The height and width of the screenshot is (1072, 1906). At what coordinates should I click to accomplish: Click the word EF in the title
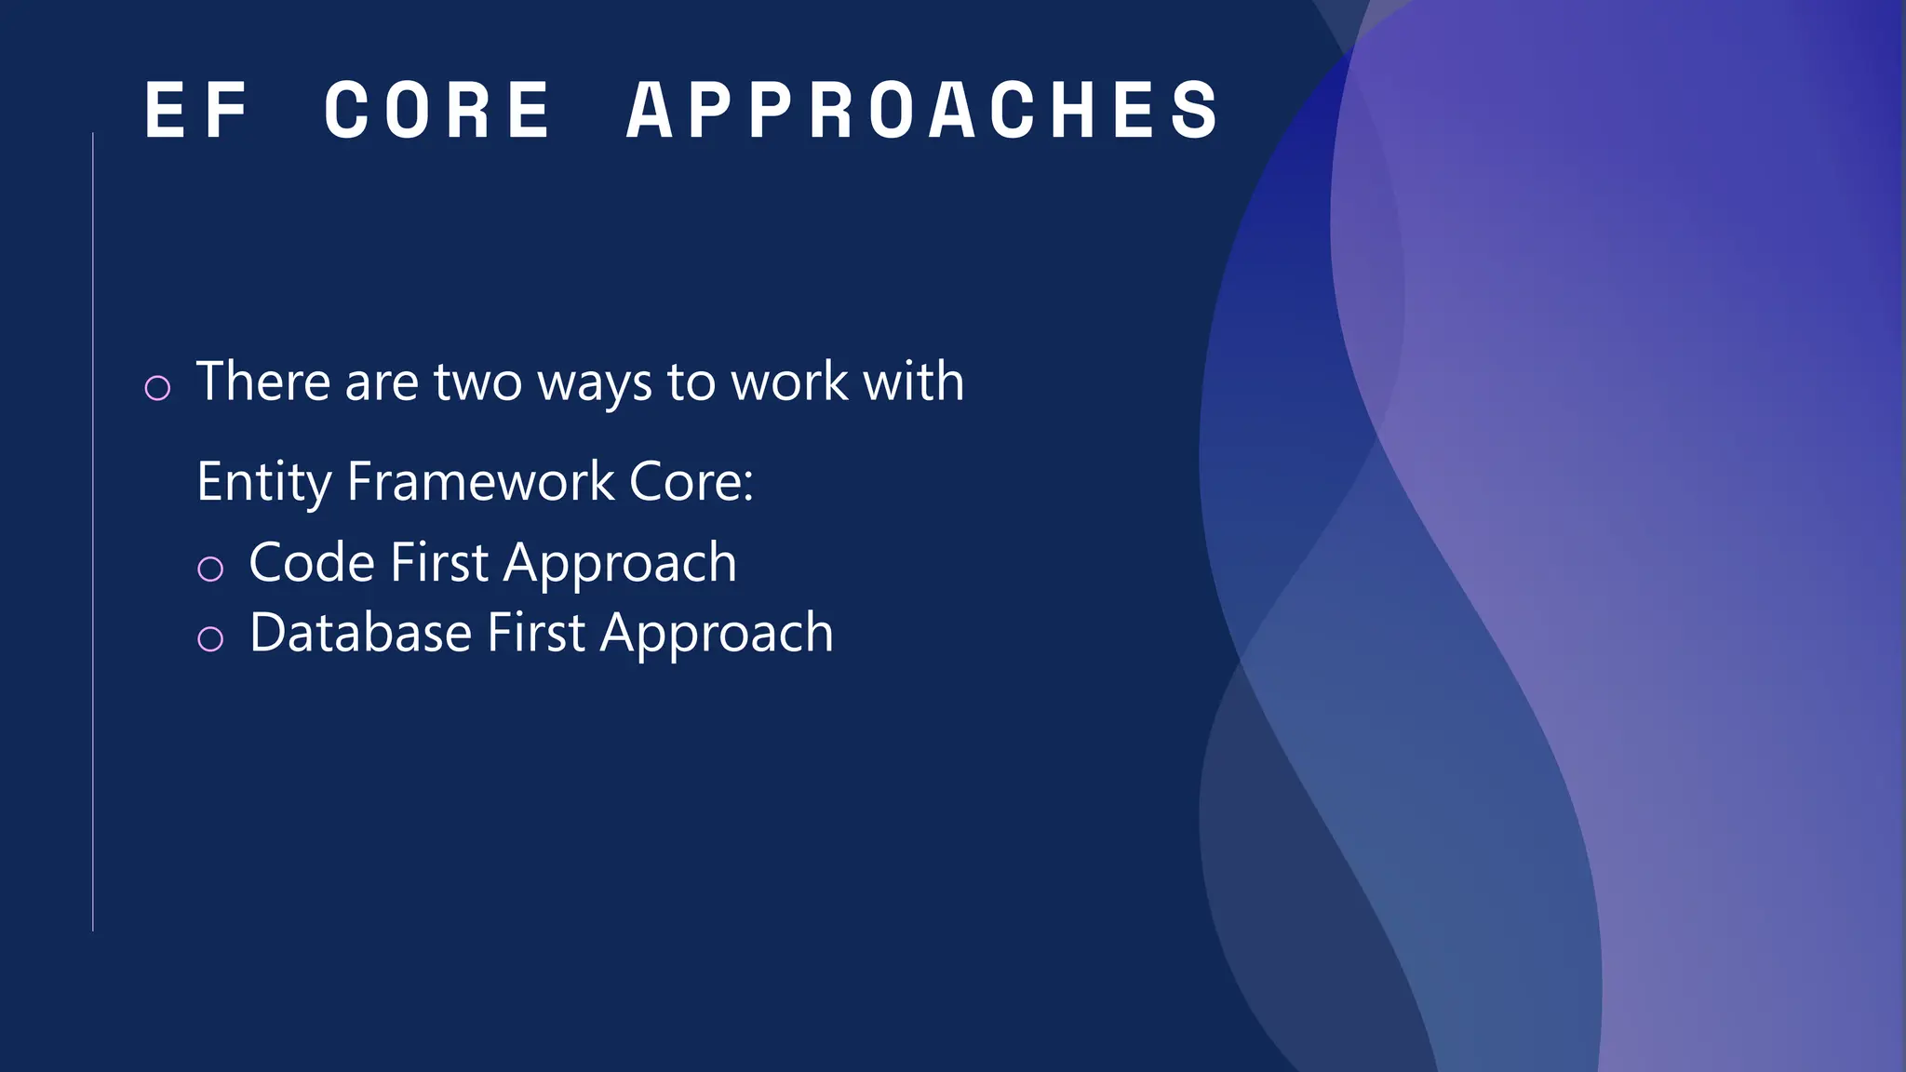tap(197, 110)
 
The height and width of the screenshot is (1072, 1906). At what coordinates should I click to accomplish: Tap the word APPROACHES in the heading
tap(922, 110)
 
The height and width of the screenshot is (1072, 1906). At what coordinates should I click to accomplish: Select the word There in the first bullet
tap(263, 382)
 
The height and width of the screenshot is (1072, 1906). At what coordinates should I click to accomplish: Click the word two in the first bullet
tap(477, 383)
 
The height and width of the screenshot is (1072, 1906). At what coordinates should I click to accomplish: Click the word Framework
tap(480, 482)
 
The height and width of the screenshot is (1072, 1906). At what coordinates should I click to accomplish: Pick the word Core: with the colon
tap(691, 482)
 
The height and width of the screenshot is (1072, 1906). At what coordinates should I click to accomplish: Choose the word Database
tap(360, 633)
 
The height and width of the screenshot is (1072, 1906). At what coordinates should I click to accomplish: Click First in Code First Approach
tap(439, 563)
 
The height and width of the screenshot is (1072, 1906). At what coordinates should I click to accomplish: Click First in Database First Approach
tap(536, 633)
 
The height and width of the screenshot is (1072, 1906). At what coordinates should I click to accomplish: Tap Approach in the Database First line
tap(717, 635)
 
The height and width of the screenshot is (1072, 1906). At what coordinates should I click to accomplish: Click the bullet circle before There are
tap(158, 387)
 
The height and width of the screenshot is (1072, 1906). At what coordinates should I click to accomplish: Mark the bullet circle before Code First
tap(210, 569)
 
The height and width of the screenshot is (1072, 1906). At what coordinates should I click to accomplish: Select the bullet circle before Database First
tap(210, 638)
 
